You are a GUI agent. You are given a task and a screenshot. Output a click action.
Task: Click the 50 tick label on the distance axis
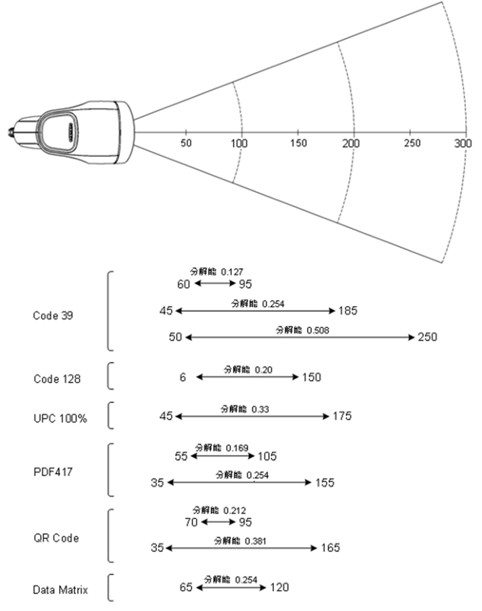(186, 143)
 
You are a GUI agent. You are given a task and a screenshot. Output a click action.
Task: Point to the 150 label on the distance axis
(298, 143)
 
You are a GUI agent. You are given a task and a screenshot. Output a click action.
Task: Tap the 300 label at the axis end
(463, 144)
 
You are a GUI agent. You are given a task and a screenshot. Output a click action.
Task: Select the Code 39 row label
(53, 315)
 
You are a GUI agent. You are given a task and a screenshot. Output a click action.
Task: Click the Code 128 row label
(57, 379)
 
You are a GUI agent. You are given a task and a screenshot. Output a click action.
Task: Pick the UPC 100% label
(60, 418)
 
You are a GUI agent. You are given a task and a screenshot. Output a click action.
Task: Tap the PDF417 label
(53, 472)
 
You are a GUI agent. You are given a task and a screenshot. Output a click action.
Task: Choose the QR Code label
(56, 538)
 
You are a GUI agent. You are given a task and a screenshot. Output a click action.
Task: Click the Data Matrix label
(60, 590)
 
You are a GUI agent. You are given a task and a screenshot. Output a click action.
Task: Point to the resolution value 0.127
(232, 272)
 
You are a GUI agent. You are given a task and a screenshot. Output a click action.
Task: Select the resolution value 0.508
(318, 330)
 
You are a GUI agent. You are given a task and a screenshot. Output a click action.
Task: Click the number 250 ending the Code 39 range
(428, 337)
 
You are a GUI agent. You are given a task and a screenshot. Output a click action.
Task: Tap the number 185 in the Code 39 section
(348, 310)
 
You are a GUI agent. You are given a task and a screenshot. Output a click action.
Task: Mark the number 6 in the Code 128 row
(182, 377)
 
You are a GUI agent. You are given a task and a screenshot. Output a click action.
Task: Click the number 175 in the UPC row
(342, 416)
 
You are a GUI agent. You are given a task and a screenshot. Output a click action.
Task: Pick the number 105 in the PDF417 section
(267, 456)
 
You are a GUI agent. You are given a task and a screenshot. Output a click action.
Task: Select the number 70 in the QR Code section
(191, 522)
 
